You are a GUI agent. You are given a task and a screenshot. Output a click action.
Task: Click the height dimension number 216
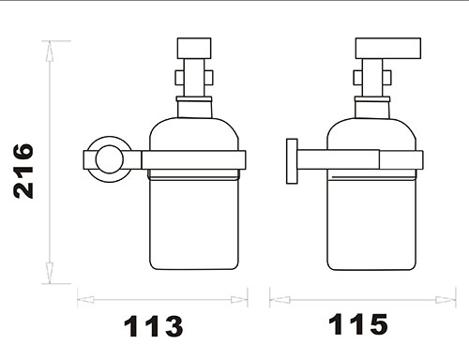point(23,171)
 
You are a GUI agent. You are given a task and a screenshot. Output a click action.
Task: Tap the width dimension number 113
point(153,326)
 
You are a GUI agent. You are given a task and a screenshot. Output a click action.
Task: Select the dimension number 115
point(358,324)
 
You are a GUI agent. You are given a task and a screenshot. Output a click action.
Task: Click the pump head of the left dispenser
point(194,48)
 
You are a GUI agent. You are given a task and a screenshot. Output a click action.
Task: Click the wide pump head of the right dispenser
point(388,48)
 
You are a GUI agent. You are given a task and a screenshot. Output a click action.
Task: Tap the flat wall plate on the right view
point(292,161)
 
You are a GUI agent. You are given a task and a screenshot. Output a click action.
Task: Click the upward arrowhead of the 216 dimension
point(50,52)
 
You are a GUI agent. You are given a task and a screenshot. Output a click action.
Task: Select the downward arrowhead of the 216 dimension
point(50,273)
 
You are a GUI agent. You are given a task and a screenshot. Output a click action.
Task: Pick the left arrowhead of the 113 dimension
point(86,299)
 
